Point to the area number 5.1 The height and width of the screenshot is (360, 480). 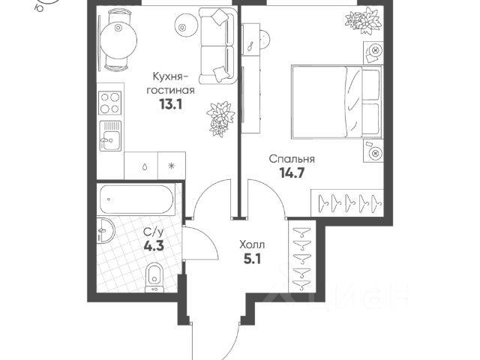click(252, 261)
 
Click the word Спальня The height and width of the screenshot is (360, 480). click(292, 159)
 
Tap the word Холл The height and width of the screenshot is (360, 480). click(252, 245)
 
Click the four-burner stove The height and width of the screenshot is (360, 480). click(111, 101)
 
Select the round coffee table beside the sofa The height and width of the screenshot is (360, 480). click(184, 26)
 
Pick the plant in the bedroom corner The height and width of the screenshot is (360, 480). click(367, 20)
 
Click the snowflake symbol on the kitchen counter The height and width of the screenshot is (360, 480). click(171, 165)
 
